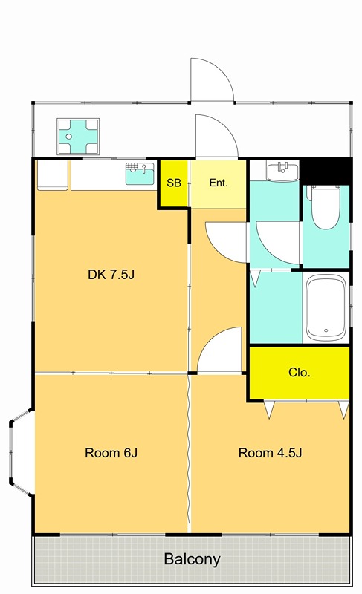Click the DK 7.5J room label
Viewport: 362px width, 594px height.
[x=111, y=274]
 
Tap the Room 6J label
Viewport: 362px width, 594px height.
[x=111, y=453]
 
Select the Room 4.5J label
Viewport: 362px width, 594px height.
[x=270, y=453]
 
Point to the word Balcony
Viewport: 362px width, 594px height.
[x=193, y=559]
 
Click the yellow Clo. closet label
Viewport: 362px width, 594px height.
[x=299, y=373]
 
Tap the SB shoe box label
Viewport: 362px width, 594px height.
[x=174, y=183]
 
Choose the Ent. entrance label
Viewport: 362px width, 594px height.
[x=219, y=183]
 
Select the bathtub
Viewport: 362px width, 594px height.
[x=326, y=307]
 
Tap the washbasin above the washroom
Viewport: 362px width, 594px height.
[x=282, y=171]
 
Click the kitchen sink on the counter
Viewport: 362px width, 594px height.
[x=140, y=174]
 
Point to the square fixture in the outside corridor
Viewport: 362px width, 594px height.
[x=78, y=137]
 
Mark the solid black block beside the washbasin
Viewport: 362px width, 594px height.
[x=326, y=172]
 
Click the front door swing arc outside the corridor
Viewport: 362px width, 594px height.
[x=213, y=79]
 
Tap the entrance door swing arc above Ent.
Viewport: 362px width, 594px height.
[x=216, y=135]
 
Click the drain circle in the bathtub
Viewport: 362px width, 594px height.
[x=326, y=330]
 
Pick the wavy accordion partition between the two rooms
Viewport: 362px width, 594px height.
[x=188, y=453]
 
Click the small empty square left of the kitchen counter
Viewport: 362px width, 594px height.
[x=53, y=174]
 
